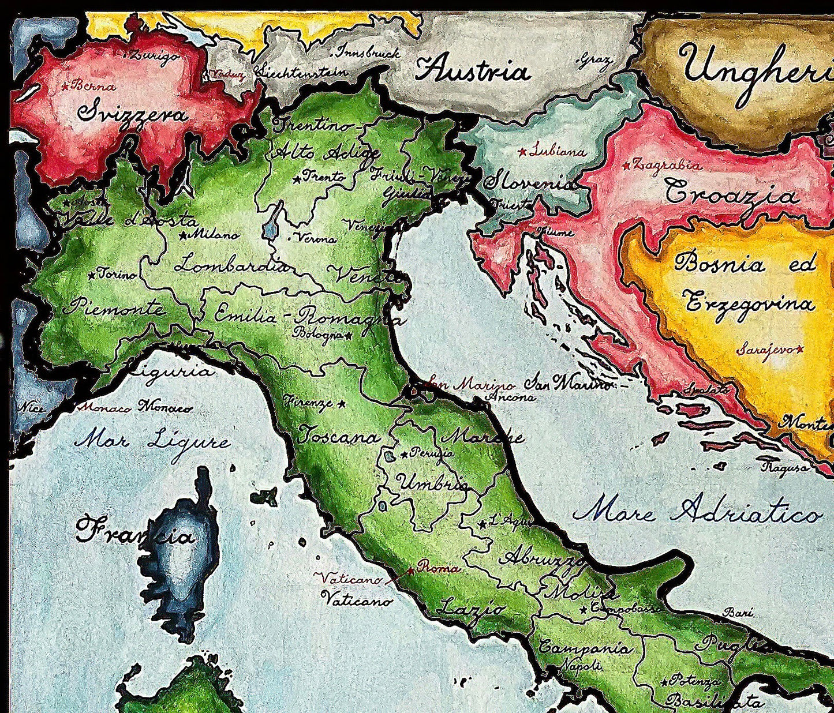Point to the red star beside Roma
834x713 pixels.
(x=410, y=571)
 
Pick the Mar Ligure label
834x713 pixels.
(x=152, y=442)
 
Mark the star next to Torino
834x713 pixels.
(x=91, y=276)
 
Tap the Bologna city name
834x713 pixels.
(x=319, y=333)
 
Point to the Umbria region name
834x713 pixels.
(x=430, y=482)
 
